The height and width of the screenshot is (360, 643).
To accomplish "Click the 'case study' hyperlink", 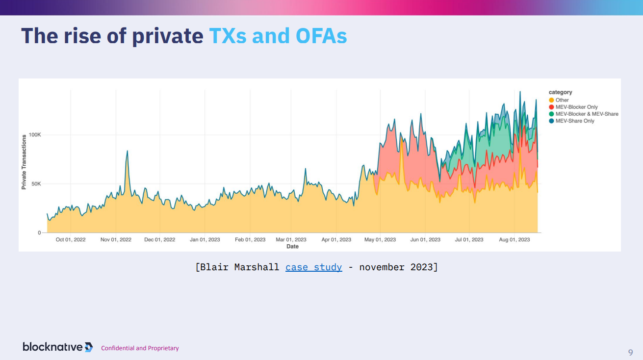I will [x=313, y=267].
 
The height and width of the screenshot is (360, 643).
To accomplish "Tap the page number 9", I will [x=630, y=352].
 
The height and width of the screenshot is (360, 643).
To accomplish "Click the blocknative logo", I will [x=57, y=347].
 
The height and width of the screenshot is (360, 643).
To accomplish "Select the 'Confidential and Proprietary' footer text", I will [x=140, y=348].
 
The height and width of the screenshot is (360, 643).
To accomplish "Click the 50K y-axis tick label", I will [x=36, y=184].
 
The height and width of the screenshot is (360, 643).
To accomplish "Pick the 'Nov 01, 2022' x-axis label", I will [x=116, y=240].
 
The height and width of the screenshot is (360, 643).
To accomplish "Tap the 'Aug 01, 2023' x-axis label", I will [x=514, y=240].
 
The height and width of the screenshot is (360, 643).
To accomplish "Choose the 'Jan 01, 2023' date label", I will [x=205, y=240].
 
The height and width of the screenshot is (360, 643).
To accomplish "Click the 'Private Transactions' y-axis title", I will [x=24, y=162].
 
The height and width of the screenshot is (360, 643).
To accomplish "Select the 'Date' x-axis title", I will [x=292, y=246].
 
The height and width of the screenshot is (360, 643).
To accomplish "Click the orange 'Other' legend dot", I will [x=552, y=100].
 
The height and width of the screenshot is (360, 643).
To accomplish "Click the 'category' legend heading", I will [x=560, y=92].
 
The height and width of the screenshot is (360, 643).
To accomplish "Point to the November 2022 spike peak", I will [x=127, y=151].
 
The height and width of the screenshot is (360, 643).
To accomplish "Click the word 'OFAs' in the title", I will [x=321, y=36].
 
